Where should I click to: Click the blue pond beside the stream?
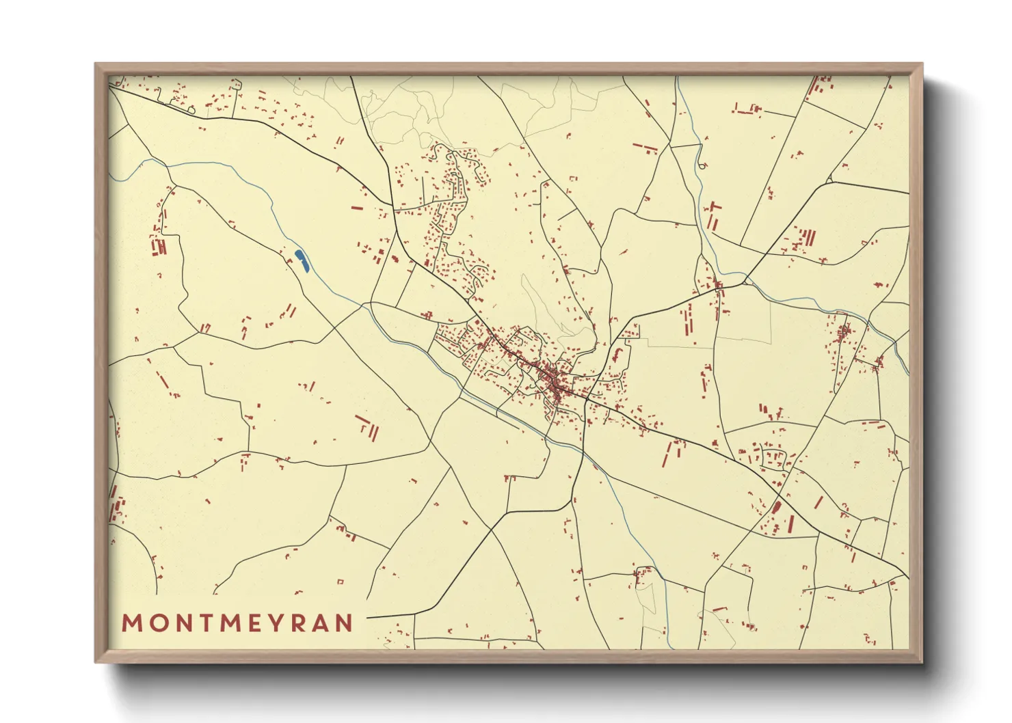point(302,261)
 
